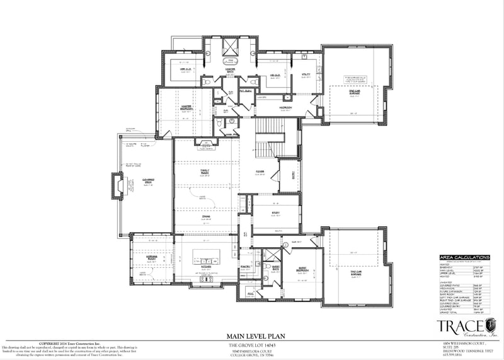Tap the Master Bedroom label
(186, 107)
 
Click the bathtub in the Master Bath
(231, 63)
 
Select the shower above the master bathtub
(231, 46)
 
